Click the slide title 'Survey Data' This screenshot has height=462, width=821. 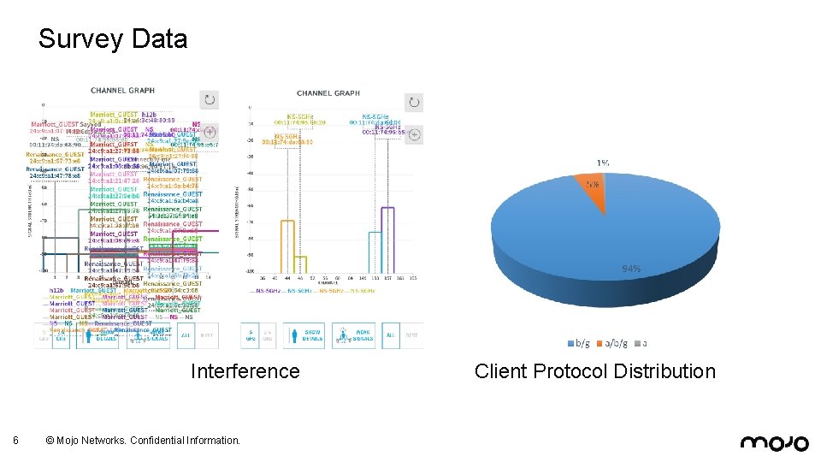pos(112,39)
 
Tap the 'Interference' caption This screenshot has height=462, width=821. pos(245,371)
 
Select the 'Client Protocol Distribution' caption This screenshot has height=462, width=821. pos(594,371)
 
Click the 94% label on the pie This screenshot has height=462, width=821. pos(631,269)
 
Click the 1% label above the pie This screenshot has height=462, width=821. pos(603,163)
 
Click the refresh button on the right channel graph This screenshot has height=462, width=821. pos(413,101)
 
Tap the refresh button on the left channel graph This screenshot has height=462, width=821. pos(209,100)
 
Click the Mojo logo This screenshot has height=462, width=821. pos(774,441)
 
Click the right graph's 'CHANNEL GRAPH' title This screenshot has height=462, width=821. pos(328,93)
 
